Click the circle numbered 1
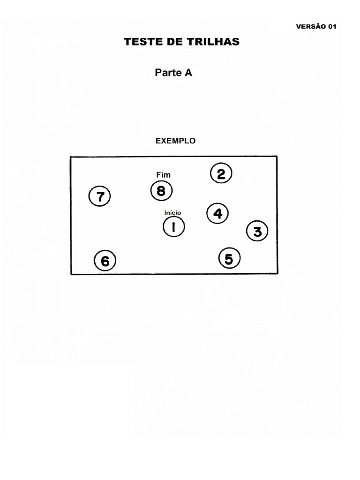point(173,227)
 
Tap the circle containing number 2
point(221,174)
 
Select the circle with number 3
point(257,231)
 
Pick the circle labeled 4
point(217,214)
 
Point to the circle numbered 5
point(229,258)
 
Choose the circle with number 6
point(105,261)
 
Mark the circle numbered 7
point(99,196)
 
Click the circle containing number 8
point(161,191)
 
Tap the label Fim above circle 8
point(163,175)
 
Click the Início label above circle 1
point(172,212)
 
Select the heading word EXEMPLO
point(175,140)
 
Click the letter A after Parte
point(187,73)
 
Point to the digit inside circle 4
point(217,214)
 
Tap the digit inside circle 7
point(99,196)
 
